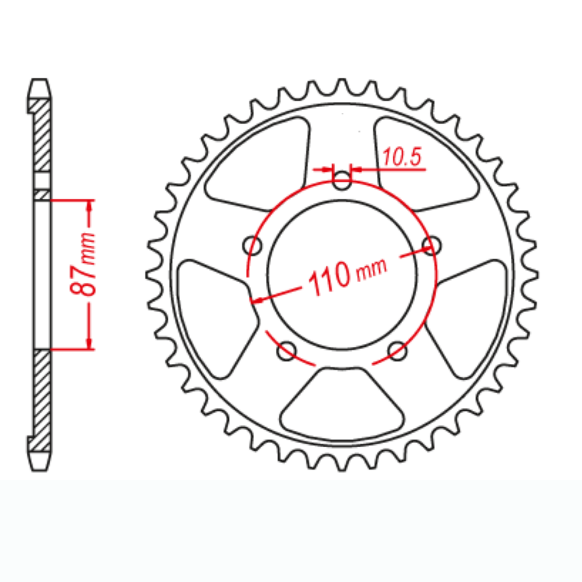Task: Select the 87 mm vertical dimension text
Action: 83,264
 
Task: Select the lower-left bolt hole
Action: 287,351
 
